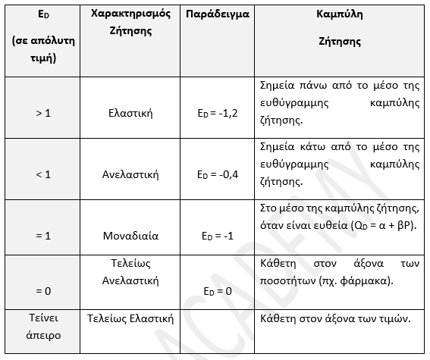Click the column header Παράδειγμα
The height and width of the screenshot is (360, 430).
click(218, 14)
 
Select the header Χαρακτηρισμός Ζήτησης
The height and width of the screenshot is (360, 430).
click(132, 23)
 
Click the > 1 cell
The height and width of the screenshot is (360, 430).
click(43, 113)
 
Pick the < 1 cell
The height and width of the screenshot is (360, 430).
click(43, 174)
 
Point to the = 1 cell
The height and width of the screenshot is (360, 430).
click(43, 235)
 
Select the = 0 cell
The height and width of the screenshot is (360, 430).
click(43, 290)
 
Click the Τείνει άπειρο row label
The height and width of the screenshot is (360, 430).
click(43, 326)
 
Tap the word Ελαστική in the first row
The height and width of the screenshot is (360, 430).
click(132, 113)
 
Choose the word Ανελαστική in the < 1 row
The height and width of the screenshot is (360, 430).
click(132, 174)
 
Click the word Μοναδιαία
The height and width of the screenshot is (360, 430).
click(132, 235)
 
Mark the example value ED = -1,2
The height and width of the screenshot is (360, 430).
click(218, 114)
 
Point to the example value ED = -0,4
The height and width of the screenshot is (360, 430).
click(218, 175)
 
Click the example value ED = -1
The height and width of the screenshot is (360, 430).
click(218, 236)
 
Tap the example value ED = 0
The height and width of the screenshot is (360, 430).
click(218, 290)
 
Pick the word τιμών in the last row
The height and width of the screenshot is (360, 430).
click(391, 318)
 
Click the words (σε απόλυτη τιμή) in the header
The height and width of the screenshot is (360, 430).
click(43, 50)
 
